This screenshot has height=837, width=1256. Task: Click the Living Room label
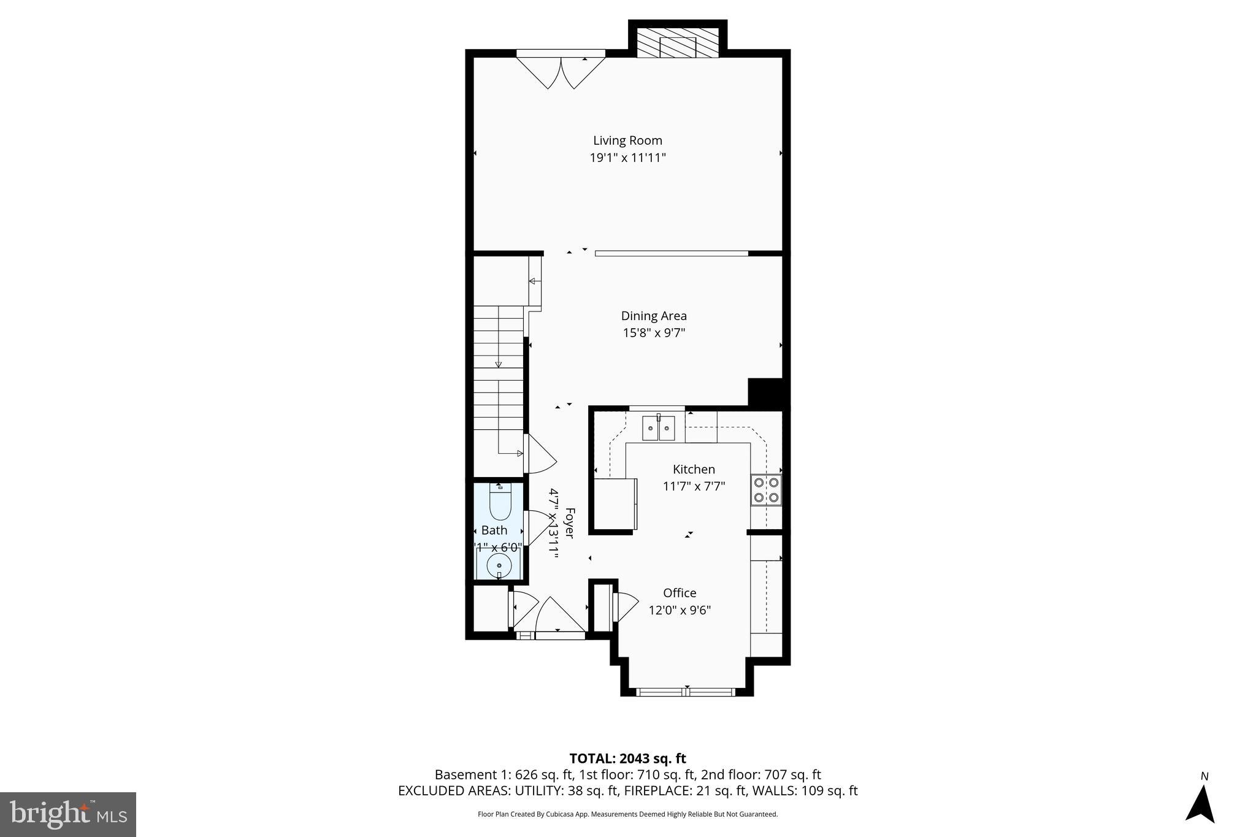pos(627,140)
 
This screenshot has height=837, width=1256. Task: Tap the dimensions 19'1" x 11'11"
pos(627,158)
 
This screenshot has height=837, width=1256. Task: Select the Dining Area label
pos(654,316)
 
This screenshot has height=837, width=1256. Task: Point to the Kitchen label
pos(694,469)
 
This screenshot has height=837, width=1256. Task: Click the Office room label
pos(680,593)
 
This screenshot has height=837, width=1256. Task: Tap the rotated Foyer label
pos(569,523)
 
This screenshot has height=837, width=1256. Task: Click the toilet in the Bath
pos(500,502)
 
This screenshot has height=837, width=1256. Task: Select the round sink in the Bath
pos(499,565)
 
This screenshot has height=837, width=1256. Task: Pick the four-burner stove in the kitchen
pos(766,489)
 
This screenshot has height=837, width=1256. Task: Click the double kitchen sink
pos(658,428)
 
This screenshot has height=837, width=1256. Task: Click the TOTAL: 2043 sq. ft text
pos(627,759)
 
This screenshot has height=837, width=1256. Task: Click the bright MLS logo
pos(68,814)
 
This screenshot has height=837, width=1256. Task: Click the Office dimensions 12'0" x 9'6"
pos(680,610)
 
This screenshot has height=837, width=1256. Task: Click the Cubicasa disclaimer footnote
pos(627,814)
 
